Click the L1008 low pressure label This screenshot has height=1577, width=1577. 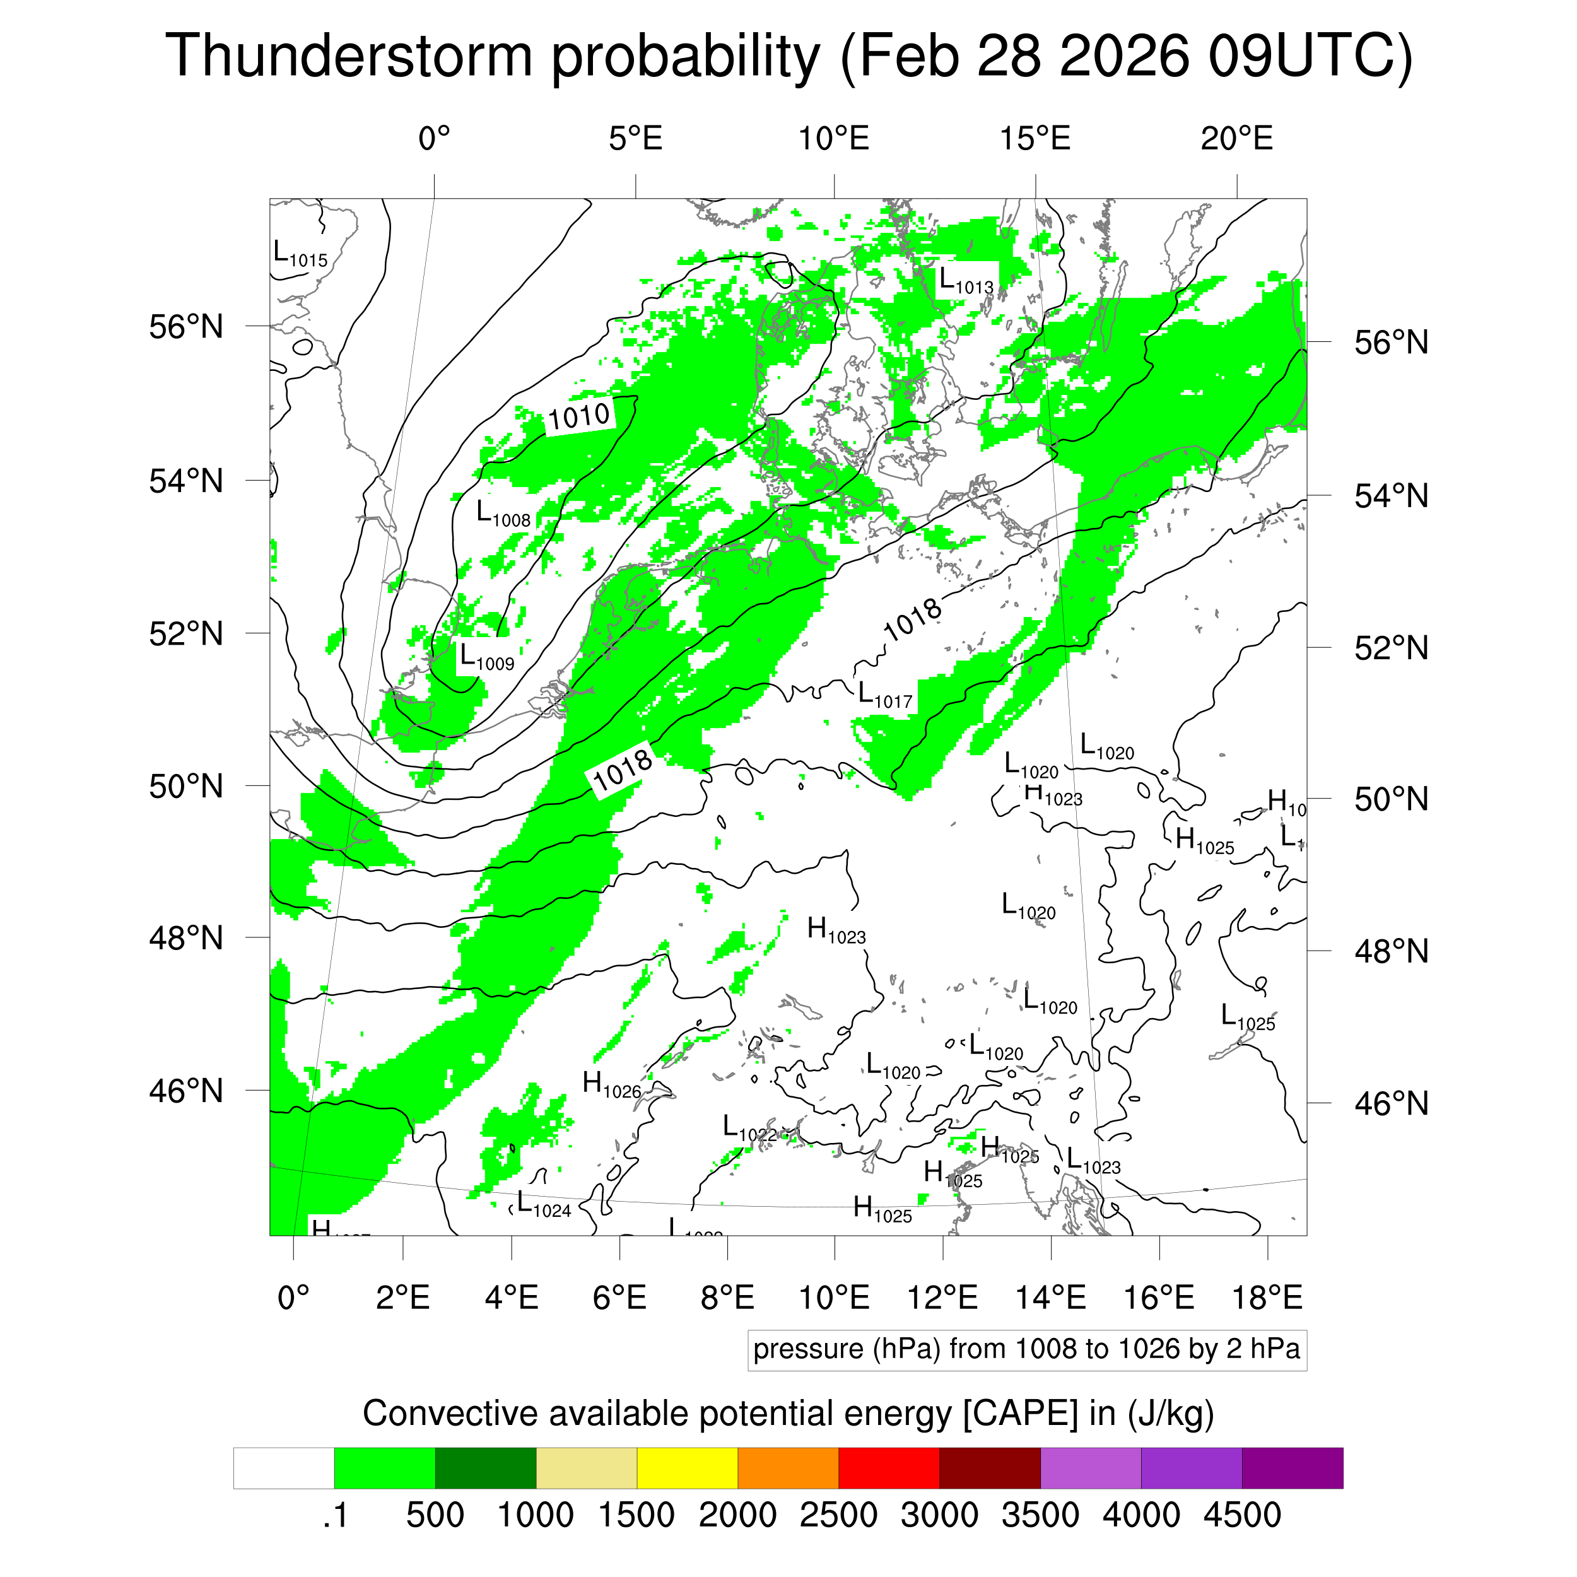(503, 514)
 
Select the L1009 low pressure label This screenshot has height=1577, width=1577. (486, 657)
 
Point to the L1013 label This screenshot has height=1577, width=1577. (966, 281)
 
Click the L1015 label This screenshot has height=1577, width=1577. (300, 255)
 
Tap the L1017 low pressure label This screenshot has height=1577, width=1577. (884, 695)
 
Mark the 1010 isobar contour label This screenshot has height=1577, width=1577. (578, 417)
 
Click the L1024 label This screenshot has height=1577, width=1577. (544, 1205)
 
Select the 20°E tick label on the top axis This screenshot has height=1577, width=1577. (1236, 139)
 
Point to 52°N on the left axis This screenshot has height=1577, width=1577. (186, 633)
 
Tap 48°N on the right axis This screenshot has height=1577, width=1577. (1391, 951)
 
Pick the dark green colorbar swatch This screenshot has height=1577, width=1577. (485, 1469)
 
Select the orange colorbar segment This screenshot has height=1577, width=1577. (788, 1469)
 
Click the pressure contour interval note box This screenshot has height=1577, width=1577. (1026, 1349)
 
